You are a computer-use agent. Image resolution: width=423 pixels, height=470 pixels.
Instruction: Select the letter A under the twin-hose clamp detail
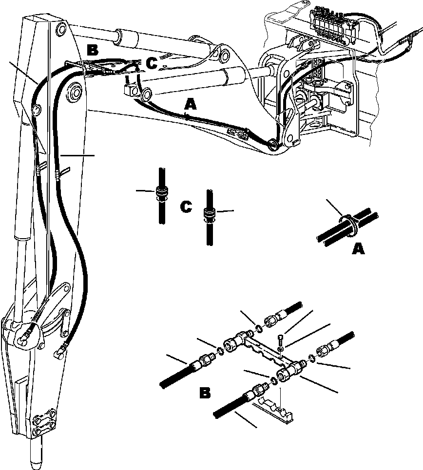point(358,249)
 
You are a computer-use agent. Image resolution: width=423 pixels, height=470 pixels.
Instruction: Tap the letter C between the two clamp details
point(185,207)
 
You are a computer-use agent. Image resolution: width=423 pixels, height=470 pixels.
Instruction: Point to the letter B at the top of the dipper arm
point(93,50)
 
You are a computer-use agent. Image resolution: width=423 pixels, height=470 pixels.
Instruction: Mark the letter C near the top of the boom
point(153,63)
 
